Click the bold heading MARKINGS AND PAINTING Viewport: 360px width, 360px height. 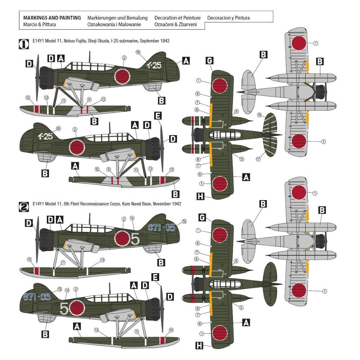click(52, 18)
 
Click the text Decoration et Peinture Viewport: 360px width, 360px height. click(177, 18)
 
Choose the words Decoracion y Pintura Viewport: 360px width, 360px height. click(228, 18)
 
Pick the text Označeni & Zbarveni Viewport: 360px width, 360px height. click(176, 24)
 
